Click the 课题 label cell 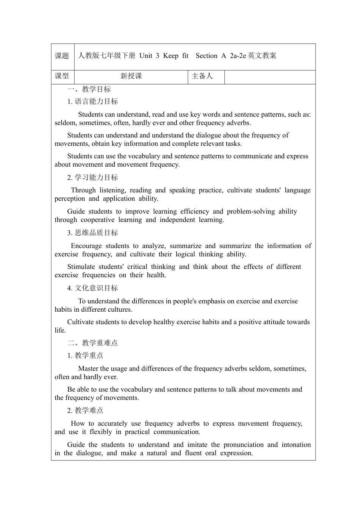pos(62,56)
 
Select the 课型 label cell pos(62,76)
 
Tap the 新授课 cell pos(131,76)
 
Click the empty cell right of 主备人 pos(270,76)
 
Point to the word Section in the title pos(207,56)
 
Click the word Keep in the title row pos(171,56)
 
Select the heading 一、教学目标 pos(89,89)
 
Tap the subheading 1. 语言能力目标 pos(92,101)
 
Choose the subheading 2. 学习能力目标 pos(92,178)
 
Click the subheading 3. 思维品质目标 pos(92,233)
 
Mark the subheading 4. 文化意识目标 pos(92,288)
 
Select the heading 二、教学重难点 pos(92,343)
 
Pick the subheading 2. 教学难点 pos(85,411)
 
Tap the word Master pos(89,369)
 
